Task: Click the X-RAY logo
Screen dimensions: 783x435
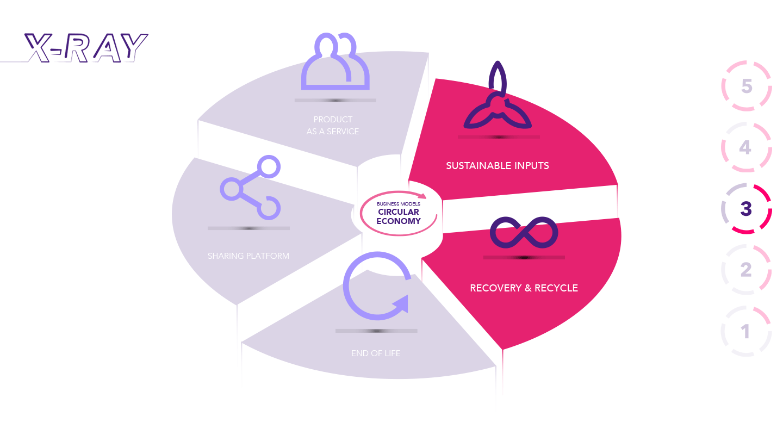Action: point(86,48)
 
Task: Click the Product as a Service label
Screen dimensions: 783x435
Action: point(333,125)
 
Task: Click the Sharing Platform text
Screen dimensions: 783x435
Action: point(248,256)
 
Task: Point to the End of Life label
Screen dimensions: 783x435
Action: point(376,353)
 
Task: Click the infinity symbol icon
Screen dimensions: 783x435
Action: point(524,233)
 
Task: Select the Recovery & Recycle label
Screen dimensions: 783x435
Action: point(524,288)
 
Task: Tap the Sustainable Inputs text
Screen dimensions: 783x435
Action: point(498,165)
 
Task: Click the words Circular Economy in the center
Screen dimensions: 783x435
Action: point(399,216)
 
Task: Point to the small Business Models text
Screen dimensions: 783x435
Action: point(399,204)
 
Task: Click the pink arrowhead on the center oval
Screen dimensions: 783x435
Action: point(422,196)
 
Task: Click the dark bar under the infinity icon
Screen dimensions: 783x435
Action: point(524,257)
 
